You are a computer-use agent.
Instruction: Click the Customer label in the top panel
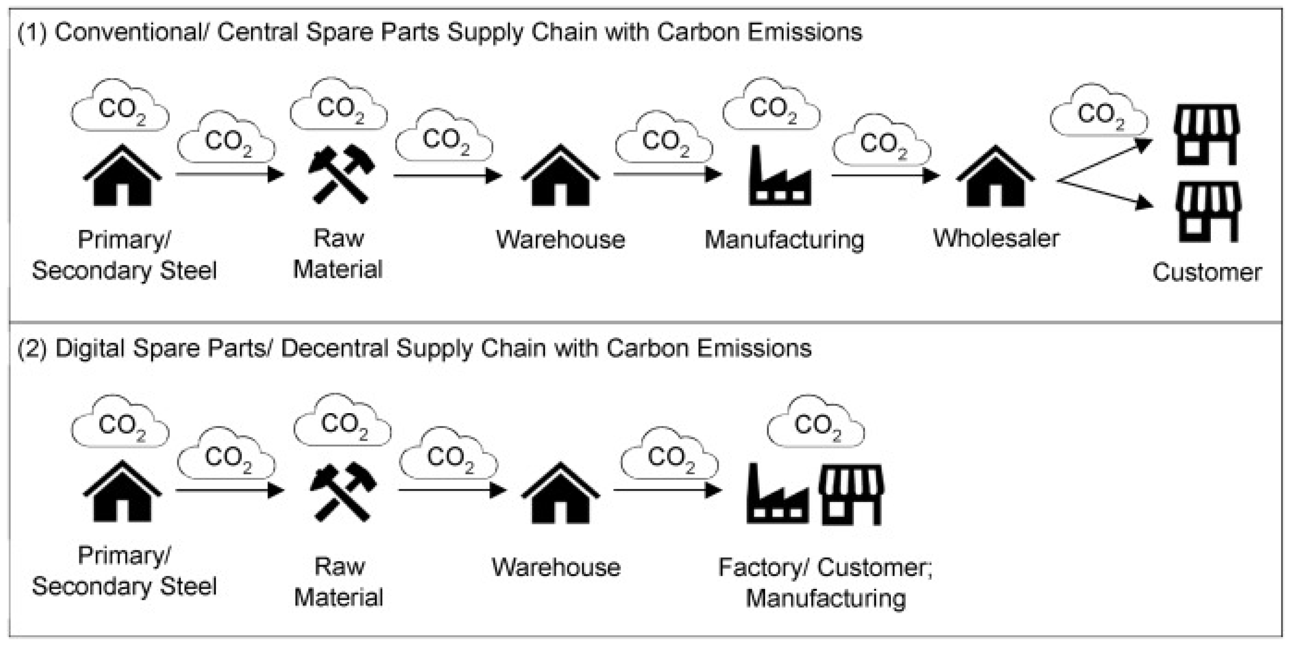1207,272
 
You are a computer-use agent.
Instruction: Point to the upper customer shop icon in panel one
1207,134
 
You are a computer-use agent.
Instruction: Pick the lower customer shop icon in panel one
1208,211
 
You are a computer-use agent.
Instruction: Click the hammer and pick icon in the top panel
341,174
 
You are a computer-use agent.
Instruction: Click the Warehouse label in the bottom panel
556,567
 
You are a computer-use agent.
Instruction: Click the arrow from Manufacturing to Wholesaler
885,176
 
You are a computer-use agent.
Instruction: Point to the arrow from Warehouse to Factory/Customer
667,490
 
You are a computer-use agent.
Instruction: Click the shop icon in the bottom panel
851,494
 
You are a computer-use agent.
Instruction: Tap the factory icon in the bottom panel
777,494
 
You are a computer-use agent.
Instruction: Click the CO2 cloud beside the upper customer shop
1098,113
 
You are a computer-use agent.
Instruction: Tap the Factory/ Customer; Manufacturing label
825,582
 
